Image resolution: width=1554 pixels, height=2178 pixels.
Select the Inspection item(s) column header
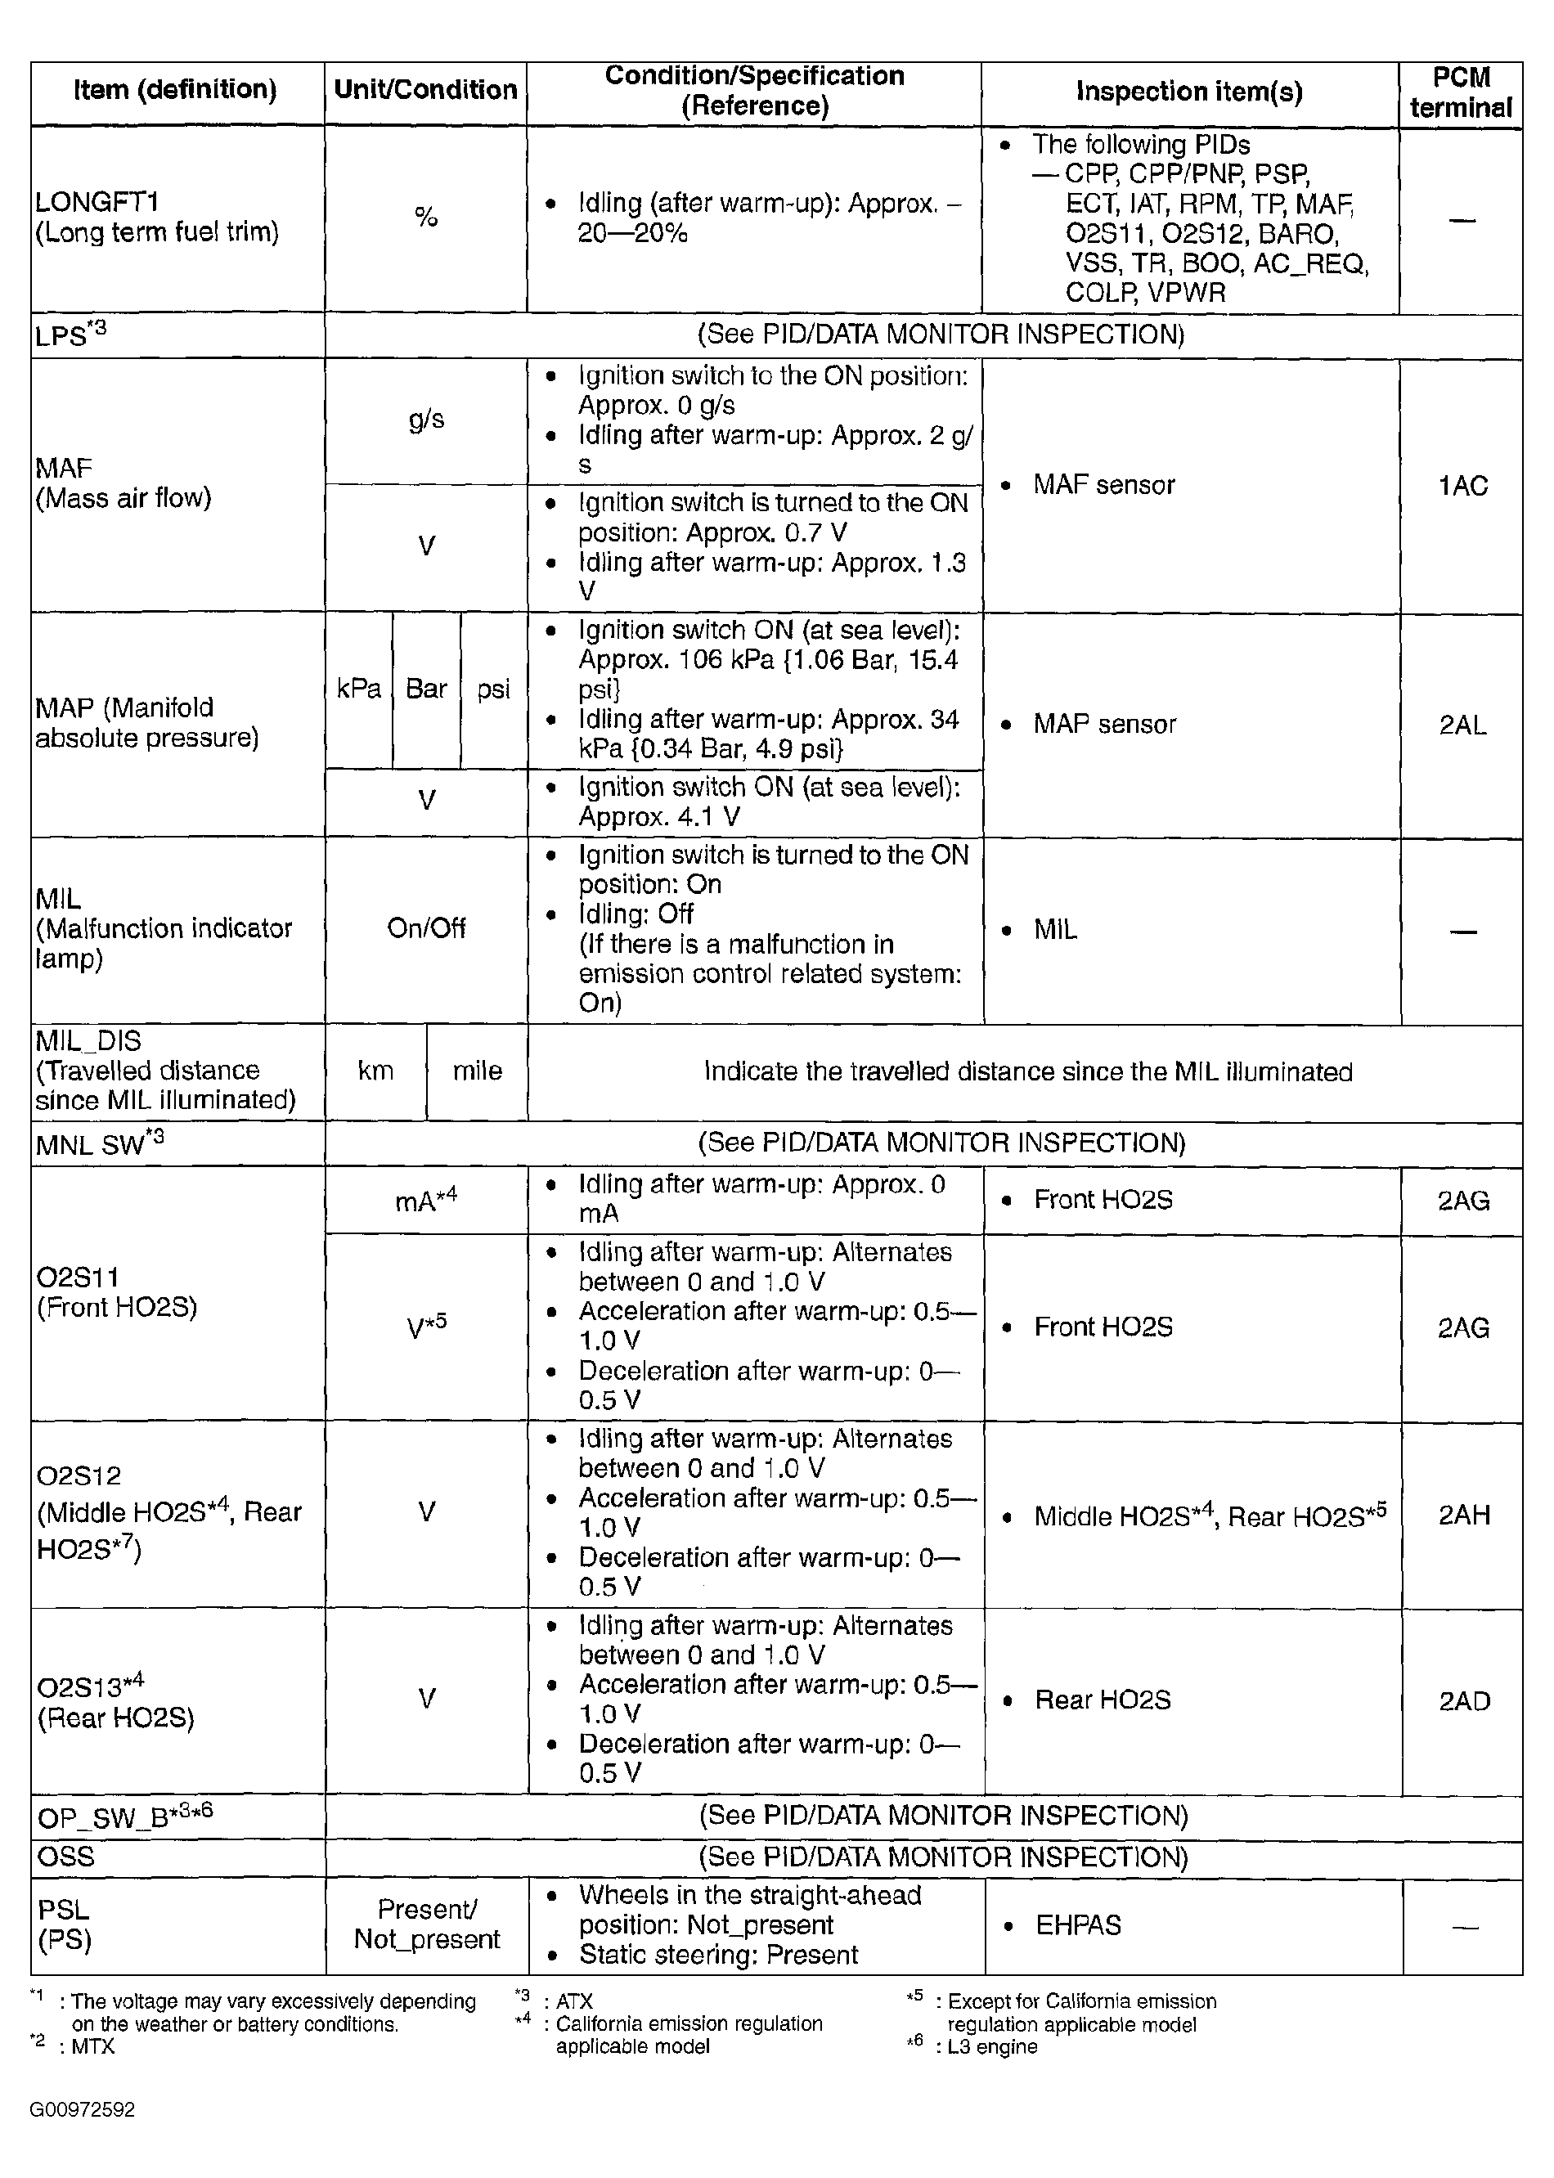pyautogui.click(x=1189, y=92)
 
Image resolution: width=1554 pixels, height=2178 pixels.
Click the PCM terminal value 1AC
pyautogui.click(x=1462, y=486)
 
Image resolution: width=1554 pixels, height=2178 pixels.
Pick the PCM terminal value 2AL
pyautogui.click(x=1462, y=725)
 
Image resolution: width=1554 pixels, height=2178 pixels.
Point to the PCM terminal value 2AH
pyautogui.click(x=1464, y=1515)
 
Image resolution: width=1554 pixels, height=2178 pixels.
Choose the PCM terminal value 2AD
pyautogui.click(x=1464, y=1700)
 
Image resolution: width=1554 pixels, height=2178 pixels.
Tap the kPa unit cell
pyautogui.click(x=359, y=689)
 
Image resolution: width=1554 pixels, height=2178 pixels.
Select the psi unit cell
pyautogui.click(x=494, y=689)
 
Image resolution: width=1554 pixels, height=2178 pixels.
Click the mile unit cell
pyautogui.click(x=477, y=1071)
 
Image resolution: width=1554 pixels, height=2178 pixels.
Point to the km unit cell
pyautogui.click(x=375, y=1071)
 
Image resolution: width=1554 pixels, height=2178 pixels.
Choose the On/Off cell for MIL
pyautogui.click(x=426, y=928)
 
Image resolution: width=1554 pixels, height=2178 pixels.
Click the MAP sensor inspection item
pyautogui.click(x=1104, y=725)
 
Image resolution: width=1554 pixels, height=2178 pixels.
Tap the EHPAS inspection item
pyautogui.click(x=1079, y=1924)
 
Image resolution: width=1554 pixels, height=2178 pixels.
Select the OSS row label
pyautogui.click(x=66, y=1857)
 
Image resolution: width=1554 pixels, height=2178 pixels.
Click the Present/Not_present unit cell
pyautogui.click(x=427, y=1924)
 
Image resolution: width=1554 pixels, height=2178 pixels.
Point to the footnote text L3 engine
pyautogui.click(x=992, y=2047)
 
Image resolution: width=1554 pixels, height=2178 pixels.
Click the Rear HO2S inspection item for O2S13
pyautogui.click(x=1103, y=1700)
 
